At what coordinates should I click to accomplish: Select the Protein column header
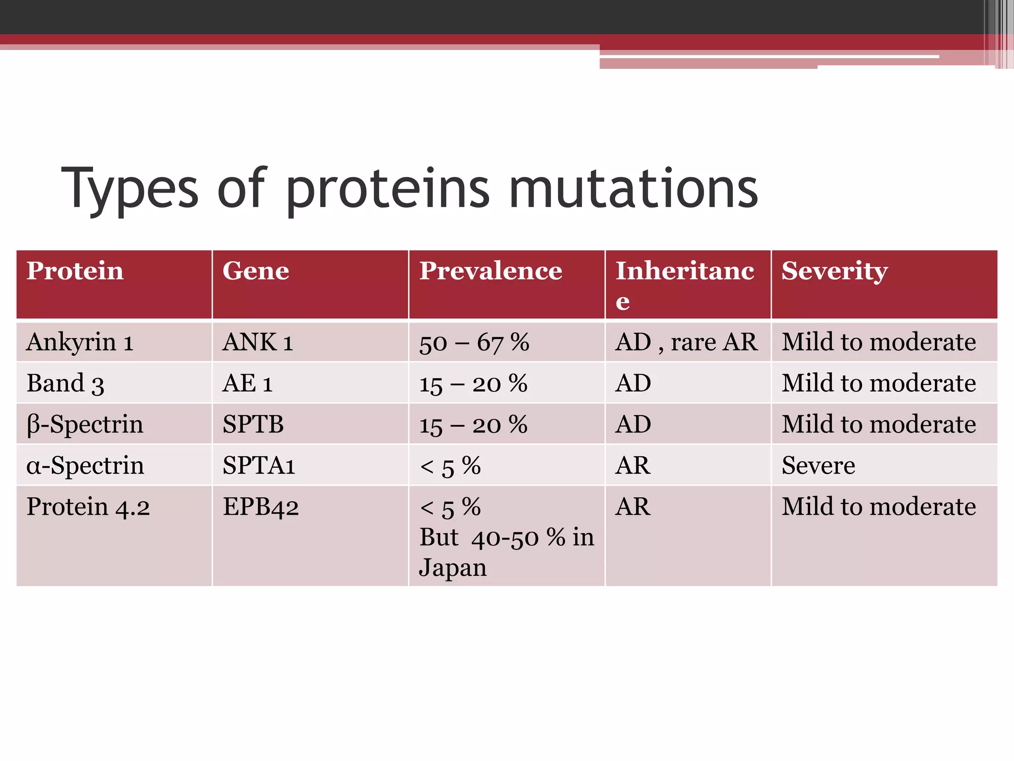point(75,271)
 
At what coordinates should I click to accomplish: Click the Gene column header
point(255,271)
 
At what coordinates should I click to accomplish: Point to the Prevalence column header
point(491,271)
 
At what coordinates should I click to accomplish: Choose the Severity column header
point(834,271)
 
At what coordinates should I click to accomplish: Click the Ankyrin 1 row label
point(80,342)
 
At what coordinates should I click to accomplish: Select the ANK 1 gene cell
point(258,342)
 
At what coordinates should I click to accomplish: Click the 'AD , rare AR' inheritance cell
point(686,342)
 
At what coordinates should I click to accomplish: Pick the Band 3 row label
point(65,383)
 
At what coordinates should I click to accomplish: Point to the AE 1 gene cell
point(248,383)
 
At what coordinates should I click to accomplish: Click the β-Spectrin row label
point(85,425)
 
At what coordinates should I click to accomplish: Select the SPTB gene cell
point(253,425)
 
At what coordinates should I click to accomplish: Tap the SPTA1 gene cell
point(258,466)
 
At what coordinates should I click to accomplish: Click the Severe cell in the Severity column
point(818,466)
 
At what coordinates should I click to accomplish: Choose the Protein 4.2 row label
point(88,507)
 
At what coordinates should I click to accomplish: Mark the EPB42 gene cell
point(260,507)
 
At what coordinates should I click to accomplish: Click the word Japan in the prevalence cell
point(453,568)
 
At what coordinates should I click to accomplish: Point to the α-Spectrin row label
point(85,466)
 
